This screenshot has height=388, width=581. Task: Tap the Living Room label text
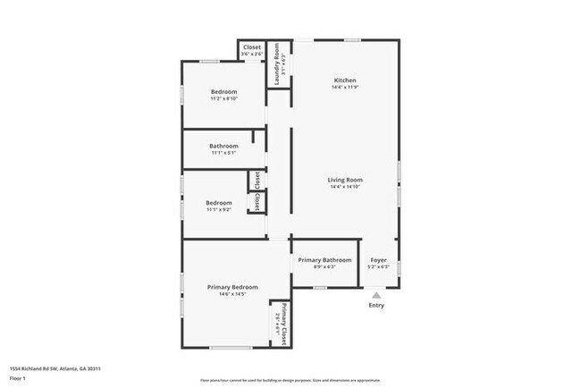pos(345,180)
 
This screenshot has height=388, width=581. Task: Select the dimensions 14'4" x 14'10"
pos(345,188)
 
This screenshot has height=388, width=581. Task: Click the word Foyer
pos(379,259)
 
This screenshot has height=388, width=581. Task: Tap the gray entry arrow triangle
pos(376,293)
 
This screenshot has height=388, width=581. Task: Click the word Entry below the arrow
pos(377,305)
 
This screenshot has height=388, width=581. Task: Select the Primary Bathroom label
pos(324,259)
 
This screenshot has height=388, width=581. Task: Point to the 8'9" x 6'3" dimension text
pos(324,266)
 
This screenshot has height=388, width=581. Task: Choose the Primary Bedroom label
pos(232,287)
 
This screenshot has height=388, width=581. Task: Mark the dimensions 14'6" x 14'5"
pos(232,294)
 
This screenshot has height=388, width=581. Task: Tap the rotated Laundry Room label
pos(278,66)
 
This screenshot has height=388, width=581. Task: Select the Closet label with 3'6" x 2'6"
pos(252,47)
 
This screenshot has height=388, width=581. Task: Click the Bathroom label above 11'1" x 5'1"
pos(223,146)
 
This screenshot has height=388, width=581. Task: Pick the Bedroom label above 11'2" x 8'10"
pos(223,92)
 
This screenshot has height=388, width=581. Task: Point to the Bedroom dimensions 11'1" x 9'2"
pos(219,210)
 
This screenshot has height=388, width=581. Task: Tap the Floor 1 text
pos(18,379)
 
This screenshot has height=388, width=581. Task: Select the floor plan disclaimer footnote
pos(290,381)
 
